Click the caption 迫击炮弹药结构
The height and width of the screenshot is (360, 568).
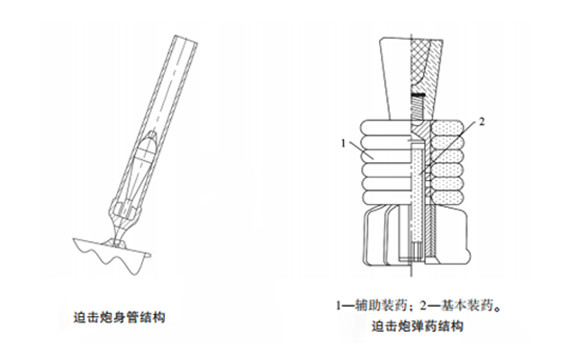coord(416,327)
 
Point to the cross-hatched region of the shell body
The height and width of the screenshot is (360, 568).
coord(428,63)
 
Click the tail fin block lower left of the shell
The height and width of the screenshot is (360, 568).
coord(382,236)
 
